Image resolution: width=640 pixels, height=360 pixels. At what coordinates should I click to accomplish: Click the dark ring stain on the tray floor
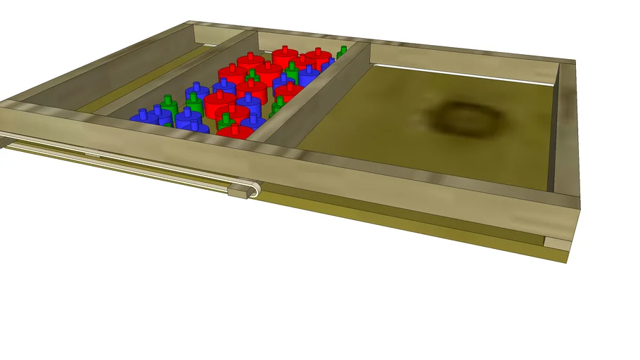click(462, 119)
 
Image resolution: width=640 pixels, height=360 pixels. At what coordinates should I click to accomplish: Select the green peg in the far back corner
click(342, 52)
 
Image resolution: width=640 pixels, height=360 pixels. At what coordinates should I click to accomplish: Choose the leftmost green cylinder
click(167, 106)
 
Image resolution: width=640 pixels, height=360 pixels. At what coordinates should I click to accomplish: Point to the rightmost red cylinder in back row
click(318, 60)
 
